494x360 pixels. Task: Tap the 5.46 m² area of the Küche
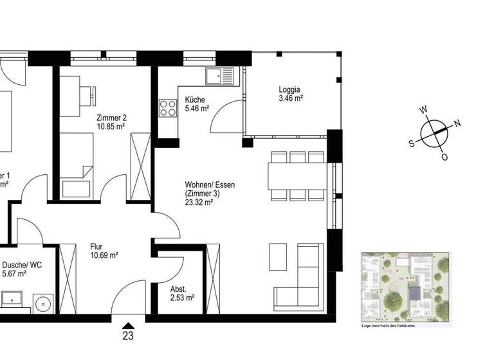[197, 109]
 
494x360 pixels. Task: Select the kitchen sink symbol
[222, 76]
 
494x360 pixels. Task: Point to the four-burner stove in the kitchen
[168, 107]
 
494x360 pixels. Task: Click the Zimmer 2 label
[111, 118]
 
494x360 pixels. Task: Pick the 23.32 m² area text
[199, 202]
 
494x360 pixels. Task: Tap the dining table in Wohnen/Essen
[297, 175]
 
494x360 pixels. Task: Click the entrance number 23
[129, 335]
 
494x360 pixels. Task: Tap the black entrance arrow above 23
[129, 324]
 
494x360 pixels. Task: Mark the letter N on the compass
[457, 123]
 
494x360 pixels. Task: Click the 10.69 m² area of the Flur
[104, 255]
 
